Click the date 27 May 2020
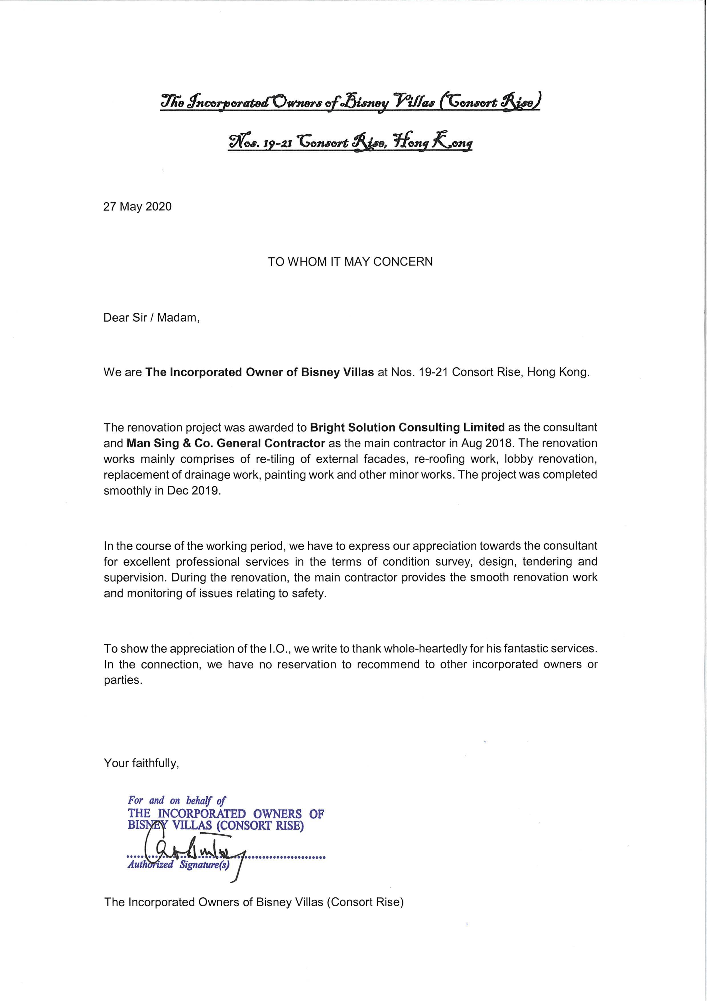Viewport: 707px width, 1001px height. point(137,207)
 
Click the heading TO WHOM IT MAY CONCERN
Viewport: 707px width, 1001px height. point(350,262)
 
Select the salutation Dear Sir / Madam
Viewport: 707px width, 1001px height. point(151,318)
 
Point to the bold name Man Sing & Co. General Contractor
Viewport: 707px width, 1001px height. point(226,443)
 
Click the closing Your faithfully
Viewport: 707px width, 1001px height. point(141,763)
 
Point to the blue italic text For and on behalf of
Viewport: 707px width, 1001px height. point(176,800)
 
